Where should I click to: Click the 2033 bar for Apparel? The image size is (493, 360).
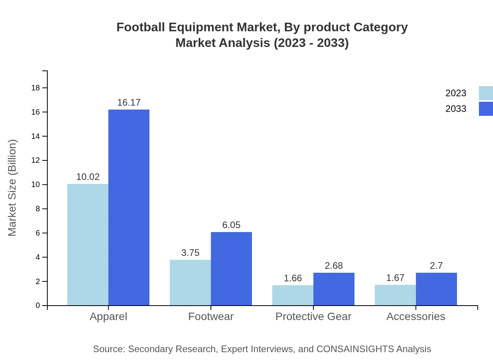(x=129, y=207)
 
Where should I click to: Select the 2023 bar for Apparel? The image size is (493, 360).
(x=88, y=245)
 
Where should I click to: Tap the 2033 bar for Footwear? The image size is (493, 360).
(x=231, y=268)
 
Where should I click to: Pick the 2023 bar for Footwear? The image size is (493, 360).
(x=190, y=283)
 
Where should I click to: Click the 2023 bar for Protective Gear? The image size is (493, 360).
(x=293, y=295)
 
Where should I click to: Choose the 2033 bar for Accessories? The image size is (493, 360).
(x=436, y=289)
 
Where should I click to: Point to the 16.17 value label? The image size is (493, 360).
(x=129, y=103)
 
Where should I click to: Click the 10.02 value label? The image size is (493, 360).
(x=88, y=177)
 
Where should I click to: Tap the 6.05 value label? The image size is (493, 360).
(x=231, y=225)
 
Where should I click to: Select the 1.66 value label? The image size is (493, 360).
(x=293, y=278)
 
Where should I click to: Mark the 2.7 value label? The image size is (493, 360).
(x=436, y=266)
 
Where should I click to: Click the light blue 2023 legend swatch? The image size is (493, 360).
(x=486, y=93)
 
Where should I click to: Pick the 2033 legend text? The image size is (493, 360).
(x=456, y=109)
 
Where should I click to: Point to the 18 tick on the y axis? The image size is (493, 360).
(x=36, y=88)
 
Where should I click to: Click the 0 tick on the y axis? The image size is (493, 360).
(x=38, y=306)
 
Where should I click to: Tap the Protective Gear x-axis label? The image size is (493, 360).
(x=313, y=317)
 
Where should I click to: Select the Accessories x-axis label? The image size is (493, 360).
(x=416, y=317)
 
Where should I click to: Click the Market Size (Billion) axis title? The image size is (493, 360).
(x=13, y=188)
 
